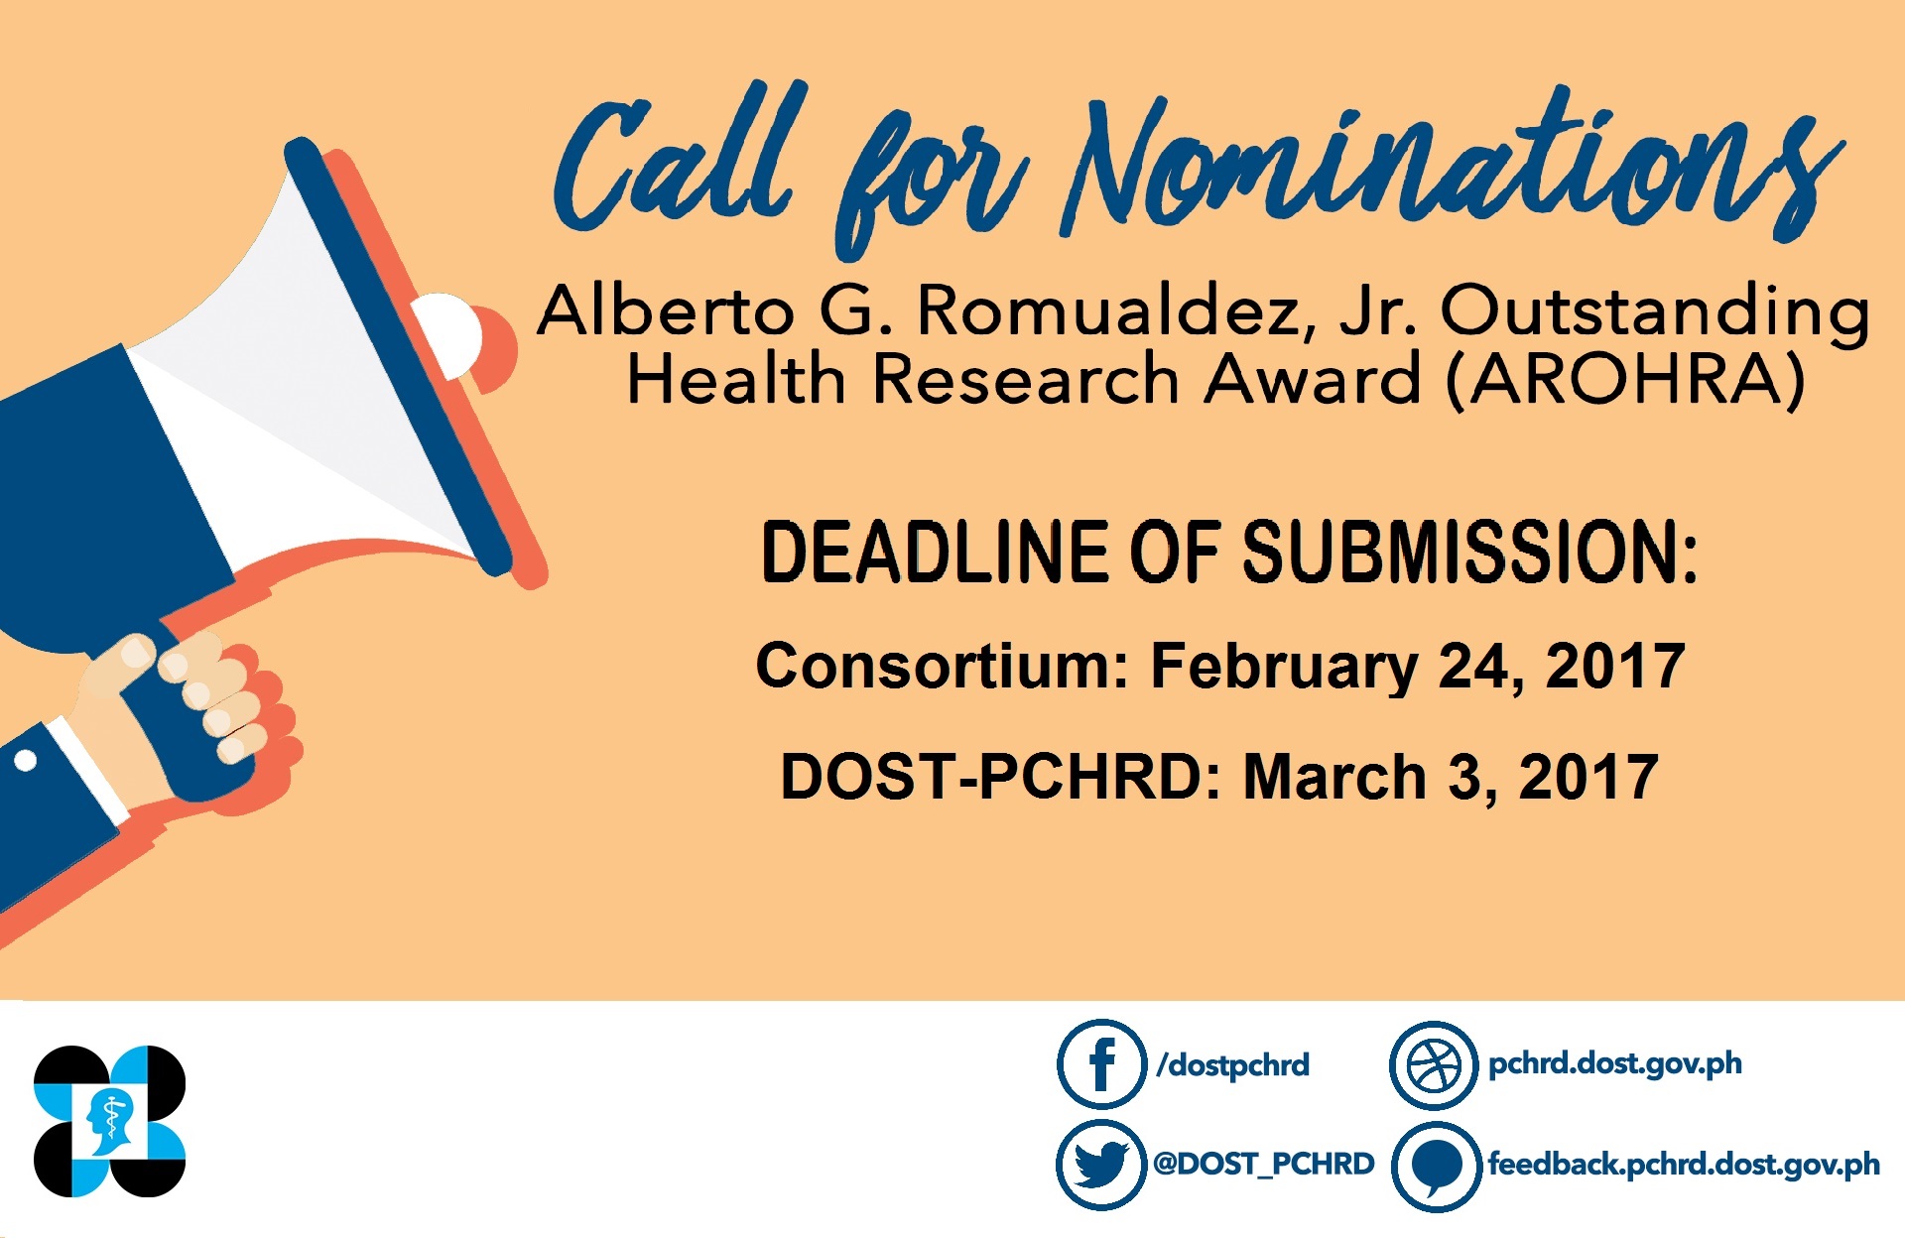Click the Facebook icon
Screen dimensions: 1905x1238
pos(1101,1063)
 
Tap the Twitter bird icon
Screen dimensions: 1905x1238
pos(1101,1164)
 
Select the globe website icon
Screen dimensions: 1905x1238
pos(1434,1065)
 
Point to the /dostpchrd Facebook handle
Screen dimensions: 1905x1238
pos(1233,1065)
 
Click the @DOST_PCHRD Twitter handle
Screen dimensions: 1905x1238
pos(1264,1164)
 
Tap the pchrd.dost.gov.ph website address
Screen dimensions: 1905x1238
pos(1615,1064)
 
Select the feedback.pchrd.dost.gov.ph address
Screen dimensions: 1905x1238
pos(1684,1165)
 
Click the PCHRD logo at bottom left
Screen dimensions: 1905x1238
pos(109,1121)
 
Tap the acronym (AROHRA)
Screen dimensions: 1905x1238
pos(1625,380)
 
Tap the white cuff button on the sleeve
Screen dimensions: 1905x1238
pos(26,761)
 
